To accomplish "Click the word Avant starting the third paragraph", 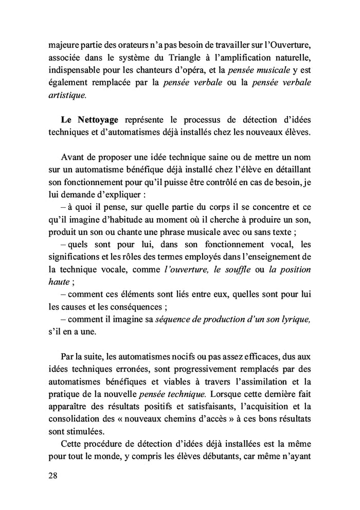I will (x=73, y=157).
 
